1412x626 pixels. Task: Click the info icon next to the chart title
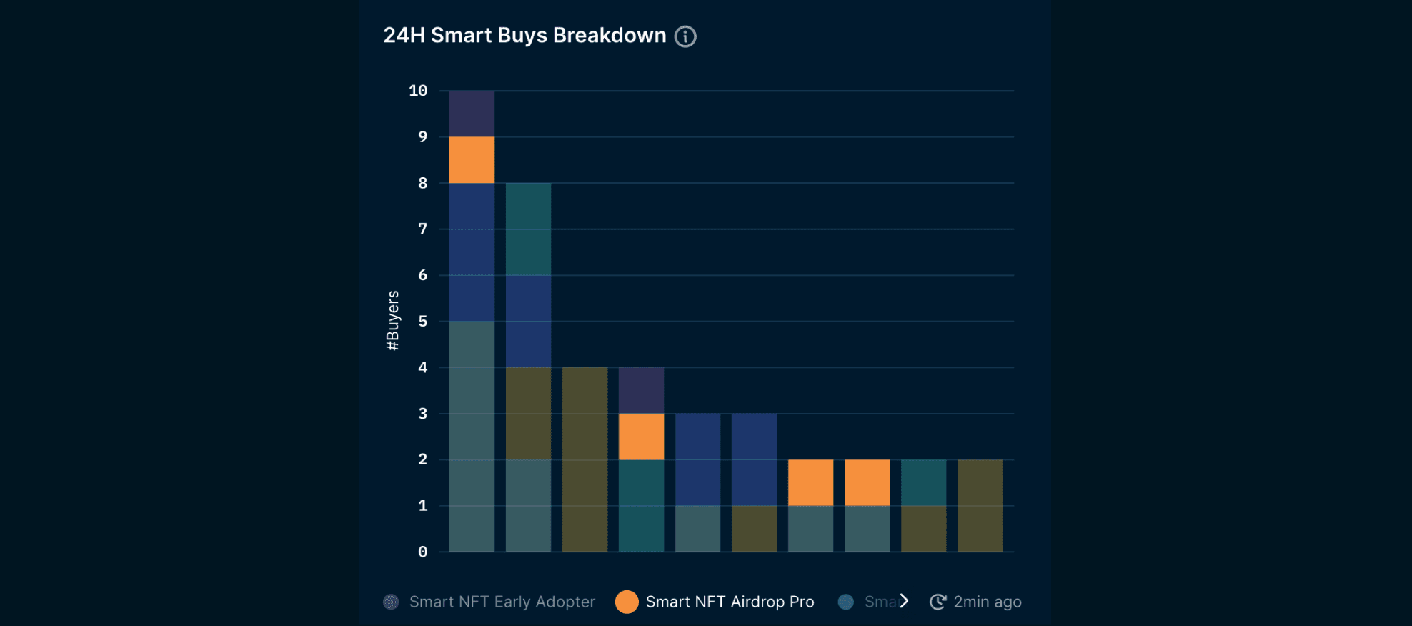click(x=685, y=36)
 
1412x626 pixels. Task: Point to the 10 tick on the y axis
click(x=418, y=91)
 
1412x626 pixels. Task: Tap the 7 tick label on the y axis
click(x=422, y=229)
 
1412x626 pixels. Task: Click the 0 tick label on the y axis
click(x=422, y=552)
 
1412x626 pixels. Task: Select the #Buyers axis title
click(x=392, y=321)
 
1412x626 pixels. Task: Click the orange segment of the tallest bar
click(x=472, y=160)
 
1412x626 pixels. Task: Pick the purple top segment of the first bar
click(x=472, y=114)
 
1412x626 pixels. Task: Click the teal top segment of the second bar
click(x=528, y=229)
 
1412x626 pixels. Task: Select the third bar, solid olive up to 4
click(x=585, y=459)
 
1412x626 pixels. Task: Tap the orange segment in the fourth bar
click(x=641, y=437)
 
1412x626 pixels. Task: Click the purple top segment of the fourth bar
click(x=641, y=390)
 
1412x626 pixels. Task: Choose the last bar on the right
click(x=980, y=505)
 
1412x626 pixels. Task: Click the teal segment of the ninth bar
click(x=923, y=482)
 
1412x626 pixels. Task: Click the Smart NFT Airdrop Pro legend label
click(x=730, y=602)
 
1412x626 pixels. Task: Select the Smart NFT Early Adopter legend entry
click(x=502, y=602)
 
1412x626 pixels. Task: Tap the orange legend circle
click(x=627, y=602)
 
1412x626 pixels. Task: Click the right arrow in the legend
click(x=904, y=601)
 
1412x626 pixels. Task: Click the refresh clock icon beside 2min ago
click(x=938, y=602)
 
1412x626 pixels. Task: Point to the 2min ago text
click(x=988, y=602)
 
